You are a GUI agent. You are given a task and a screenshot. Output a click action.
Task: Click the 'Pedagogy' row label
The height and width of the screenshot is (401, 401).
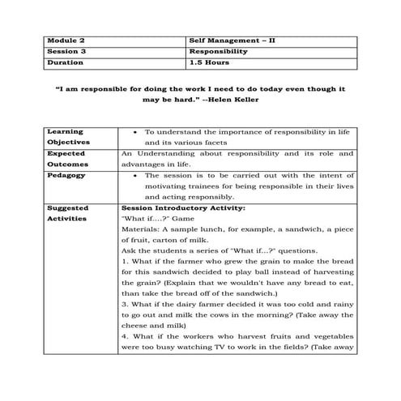point(66,174)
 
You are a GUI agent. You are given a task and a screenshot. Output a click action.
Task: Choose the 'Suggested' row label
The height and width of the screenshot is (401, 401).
point(69,207)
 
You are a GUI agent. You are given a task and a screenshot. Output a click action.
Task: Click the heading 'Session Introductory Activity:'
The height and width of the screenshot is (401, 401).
point(169,207)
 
